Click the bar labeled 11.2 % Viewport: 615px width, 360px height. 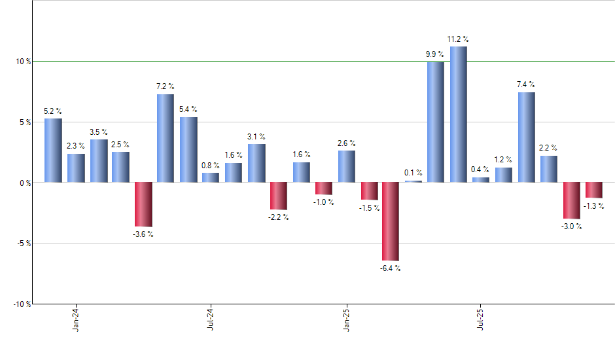[x=458, y=115]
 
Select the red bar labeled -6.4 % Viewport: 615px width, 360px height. [x=391, y=221]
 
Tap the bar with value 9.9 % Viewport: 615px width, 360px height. [x=436, y=122]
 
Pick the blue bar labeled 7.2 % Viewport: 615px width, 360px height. [x=166, y=138]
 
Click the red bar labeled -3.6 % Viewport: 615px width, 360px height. [x=143, y=204]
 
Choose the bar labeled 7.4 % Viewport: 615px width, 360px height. [x=526, y=137]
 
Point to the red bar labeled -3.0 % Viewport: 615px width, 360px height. [x=571, y=200]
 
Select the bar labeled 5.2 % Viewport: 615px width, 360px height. [x=53, y=151]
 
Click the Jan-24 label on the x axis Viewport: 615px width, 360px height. [x=77, y=318]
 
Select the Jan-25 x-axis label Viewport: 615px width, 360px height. [x=346, y=318]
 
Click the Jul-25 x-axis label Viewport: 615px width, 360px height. [x=481, y=318]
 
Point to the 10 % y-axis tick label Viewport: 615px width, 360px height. [x=24, y=62]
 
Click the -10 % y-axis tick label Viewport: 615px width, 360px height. [x=22, y=304]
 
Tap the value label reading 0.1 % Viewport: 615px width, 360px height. [x=413, y=173]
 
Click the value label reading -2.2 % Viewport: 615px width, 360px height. [x=278, y=217]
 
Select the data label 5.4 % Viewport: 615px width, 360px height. [x=188, y=109]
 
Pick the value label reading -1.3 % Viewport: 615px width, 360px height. [x=594, y=206]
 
